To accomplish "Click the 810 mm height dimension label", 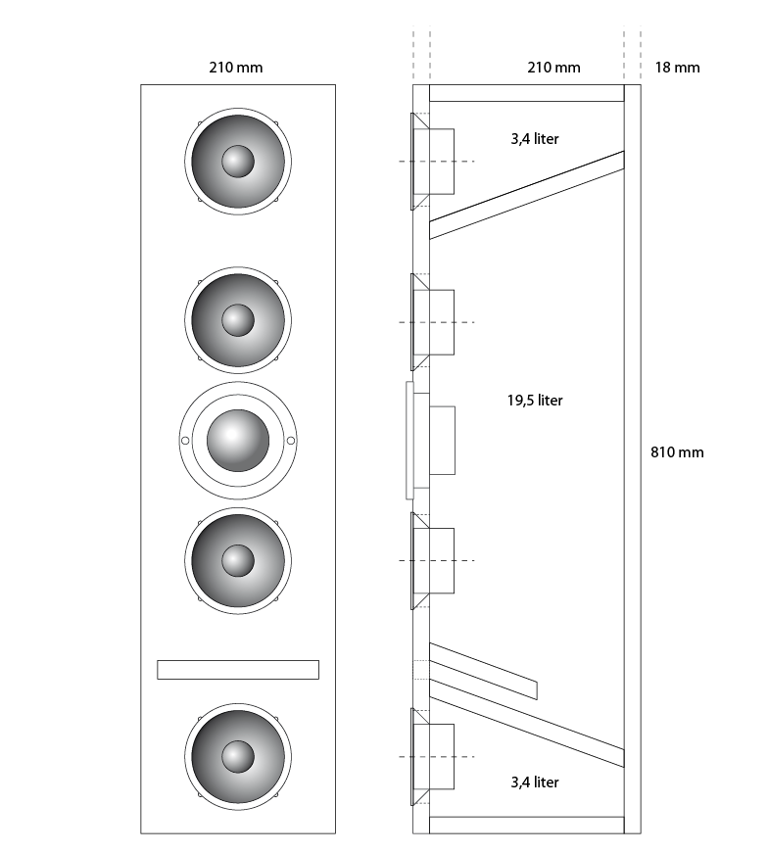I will pyautogui.click(x=677, y=452).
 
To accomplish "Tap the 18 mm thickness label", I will pyautogui.click(x=677, y=68).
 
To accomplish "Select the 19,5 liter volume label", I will pyautogui.click(x=535, y=401).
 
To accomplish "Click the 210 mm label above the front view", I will pyautogui.click(x=236, y=68).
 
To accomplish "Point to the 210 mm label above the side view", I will pyautogui.click(x=553, y=68).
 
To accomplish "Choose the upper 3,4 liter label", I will pyautogui.click(x=535, y=139).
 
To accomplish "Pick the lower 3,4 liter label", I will pyautogui.click(x=535, y=782).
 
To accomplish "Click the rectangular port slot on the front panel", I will pyautogui.click(x=238, y=670).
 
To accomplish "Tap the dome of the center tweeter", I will pyautogui.click(x=238, y=441).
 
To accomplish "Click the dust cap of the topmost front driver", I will pyautogui.click(x=238, y=162).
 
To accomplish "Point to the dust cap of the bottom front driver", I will pyautogui.click(x=238, y=756).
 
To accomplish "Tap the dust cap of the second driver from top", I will pyautogui.click(x=238, y=319).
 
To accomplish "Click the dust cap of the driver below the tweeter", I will pyautogui.click(x=238, y=560).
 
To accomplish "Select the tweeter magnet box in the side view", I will pyautogui.click(x=442, y=441).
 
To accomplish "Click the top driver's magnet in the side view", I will pyautogui.click(x=442, y=162).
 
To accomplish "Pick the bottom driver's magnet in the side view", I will pyautogui.click(x=442, y=756).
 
